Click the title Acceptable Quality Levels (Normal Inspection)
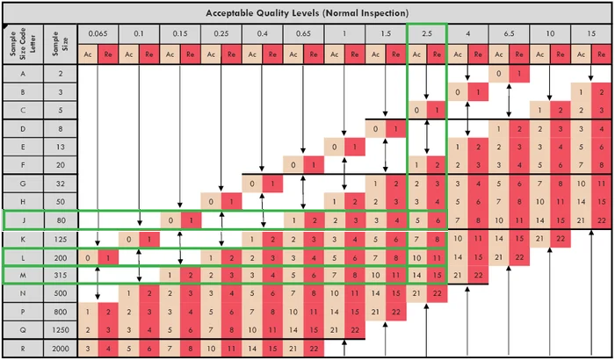click(307, 13)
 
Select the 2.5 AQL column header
click(426, 33)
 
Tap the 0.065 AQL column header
click(97, 33)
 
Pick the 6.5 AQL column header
click(509, 33)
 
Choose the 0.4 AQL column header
click(262, 33)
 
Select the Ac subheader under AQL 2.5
click(416, 54)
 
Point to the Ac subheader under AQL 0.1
click(128, 54)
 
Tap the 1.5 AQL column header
click(385, 33)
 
